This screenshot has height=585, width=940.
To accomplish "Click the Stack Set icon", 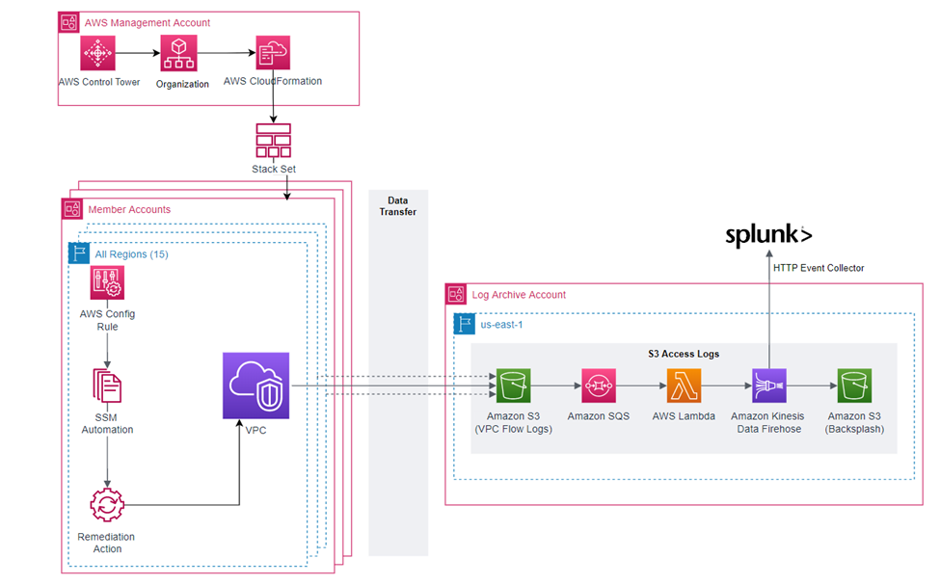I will point(273,141).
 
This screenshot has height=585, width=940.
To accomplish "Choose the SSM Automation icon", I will point(107,386).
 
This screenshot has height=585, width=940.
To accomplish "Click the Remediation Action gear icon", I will point(107,505).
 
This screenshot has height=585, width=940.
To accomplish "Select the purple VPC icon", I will point(255,386).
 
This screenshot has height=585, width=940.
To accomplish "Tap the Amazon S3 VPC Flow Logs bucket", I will point(512,386).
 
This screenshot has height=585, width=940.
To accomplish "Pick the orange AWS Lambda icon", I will point(683,386).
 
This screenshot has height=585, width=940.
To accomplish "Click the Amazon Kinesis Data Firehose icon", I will point(769,386).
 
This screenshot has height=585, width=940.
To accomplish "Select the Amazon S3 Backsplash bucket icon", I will point(854,386).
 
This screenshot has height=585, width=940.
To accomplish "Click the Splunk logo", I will point(768,234).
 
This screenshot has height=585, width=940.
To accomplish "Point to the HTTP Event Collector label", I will point(819,268).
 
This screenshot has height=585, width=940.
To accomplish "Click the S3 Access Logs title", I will point(684,355).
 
